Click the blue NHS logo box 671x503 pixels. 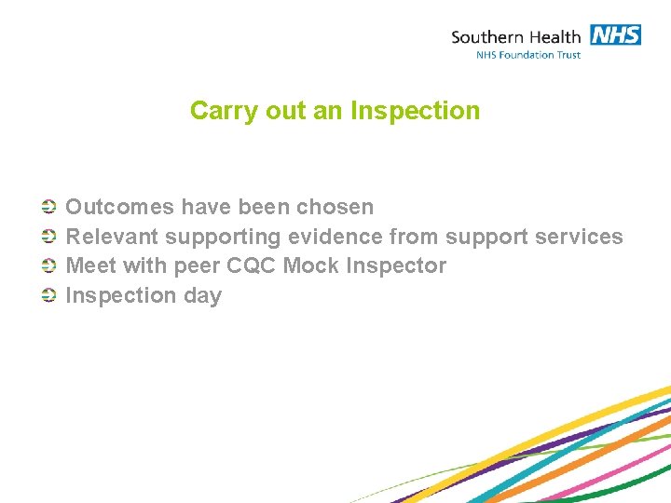pyautogui.click(x=615, y=35)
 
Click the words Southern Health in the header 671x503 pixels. pyautogui.click(x=515, y=37)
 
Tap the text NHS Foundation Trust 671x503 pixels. pyautogui.click(x=528, y=55)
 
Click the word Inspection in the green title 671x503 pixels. pyautogui.click(x=416, y=111)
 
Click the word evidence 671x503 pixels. pyautogui.click(x=335, y=237)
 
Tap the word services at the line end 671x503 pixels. pyautogui.click(x=579, y=237)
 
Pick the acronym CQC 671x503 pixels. pyautogui.click(x=251, y=266)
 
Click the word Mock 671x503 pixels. pyautogui.click(x=310, y=266)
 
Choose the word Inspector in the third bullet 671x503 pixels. pyautogui.click(x=396, y=266)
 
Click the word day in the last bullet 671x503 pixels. pyautogui.click(x=202, y=296)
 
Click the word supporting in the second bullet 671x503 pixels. pyautogui.click(x=224, y=237)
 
